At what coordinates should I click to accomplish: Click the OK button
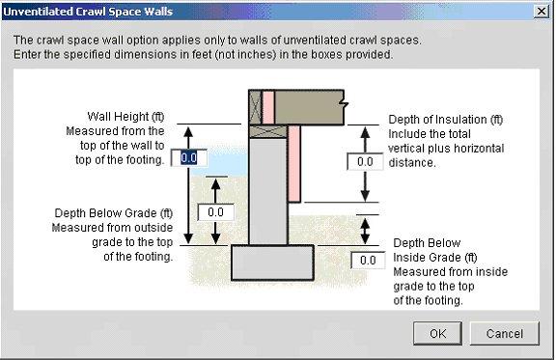pyautogui.click(x=438, y=333)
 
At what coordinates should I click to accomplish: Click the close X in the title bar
pyautogui.click(x=542, y=11)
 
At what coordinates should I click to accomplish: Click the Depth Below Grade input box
pyautogui.click(x=215, y=211)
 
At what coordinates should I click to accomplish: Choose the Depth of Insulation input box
pyautogui.click(x=365, y=161)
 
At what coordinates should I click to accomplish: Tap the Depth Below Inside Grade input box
pyautogui.click(x=368, y=260)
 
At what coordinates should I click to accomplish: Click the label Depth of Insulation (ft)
pyautogui.click(x=445, y=121)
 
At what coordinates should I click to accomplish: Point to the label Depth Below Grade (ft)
pyautogui.click(x=113, y=212)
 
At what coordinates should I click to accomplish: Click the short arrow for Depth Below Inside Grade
pyautogui.click(x=365, y=230)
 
